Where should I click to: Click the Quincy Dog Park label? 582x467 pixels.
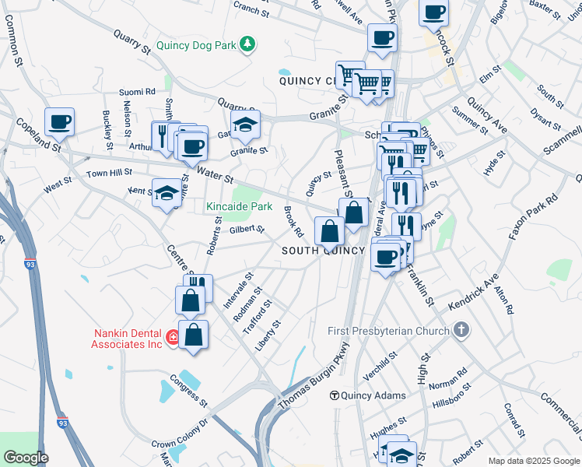[195, 45]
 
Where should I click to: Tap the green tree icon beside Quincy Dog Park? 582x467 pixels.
[247, 44]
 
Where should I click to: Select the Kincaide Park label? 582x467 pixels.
[239, 206]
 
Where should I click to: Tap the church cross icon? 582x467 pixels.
[461, 330]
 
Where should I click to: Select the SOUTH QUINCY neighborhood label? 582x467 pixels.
[322, 251]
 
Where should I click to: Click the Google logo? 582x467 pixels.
[26, 458]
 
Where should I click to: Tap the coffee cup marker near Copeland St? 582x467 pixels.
[59, 122]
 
